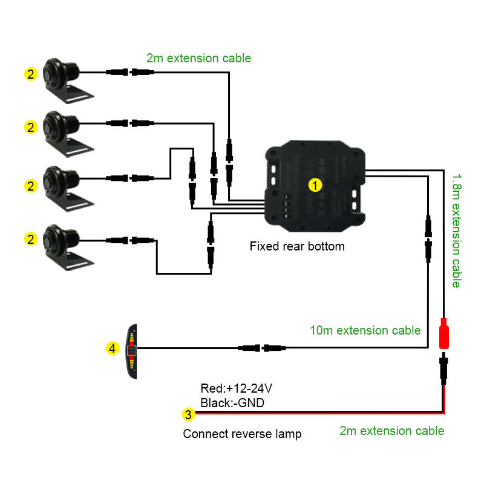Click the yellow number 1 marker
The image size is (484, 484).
pos(314,184)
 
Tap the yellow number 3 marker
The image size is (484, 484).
pos(189,414)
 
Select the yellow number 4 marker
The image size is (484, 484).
pos(112,348)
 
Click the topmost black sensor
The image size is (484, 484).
pos(63,76)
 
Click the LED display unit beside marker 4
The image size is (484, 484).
pos(132,351)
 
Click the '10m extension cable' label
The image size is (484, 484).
pos(365,330)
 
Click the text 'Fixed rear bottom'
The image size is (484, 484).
pos(297,246)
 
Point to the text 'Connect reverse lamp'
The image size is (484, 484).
pos(242,434)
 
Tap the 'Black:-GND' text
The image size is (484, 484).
pos(232,402)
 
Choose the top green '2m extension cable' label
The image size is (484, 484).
pos(198,58)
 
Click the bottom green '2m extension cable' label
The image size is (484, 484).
pos(391,431)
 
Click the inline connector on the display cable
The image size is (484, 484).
pos(263,348)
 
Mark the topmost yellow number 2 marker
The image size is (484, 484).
pos(30,74)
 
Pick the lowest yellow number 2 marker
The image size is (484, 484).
pos(30,239)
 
